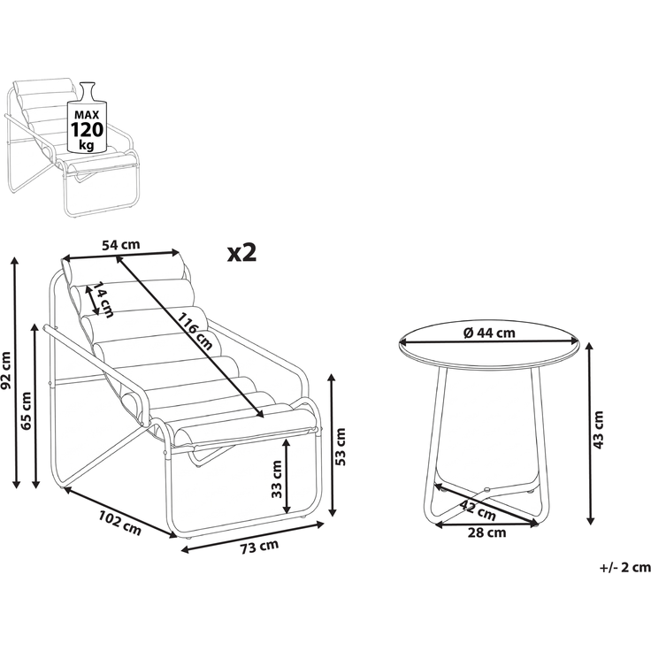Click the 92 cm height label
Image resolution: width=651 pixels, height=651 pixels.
coord(6,371)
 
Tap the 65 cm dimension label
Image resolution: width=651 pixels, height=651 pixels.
coord(27,410)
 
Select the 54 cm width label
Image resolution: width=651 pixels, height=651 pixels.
coord(121,245)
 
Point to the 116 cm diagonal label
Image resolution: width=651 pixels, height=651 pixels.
coord(195,331)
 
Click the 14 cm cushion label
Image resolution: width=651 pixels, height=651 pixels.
coord(102,300)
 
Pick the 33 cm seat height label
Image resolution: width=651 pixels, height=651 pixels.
coord(276,479)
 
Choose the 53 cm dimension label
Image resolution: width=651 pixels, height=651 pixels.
coord(340,447)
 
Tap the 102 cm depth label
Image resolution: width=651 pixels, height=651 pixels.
coord(120,523)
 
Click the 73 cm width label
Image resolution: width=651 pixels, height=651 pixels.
coord(259,547)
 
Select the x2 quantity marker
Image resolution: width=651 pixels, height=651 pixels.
coord(241,253)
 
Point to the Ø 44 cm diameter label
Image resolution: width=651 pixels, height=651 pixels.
coord(489,333)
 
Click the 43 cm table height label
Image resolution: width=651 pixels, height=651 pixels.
coord(598,430)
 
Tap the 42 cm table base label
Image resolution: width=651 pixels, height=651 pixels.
coord(478,509)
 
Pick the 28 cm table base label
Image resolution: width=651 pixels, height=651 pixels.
coord(486,532)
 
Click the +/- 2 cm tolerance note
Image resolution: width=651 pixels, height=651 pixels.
coord(624,568)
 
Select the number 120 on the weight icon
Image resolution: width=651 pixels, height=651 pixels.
coord(88,129)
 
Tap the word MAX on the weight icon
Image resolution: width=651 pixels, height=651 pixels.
coord(87,115)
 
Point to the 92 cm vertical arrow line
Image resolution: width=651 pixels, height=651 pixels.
coord(16,372)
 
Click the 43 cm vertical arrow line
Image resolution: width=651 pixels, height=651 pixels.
coord(590,433)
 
